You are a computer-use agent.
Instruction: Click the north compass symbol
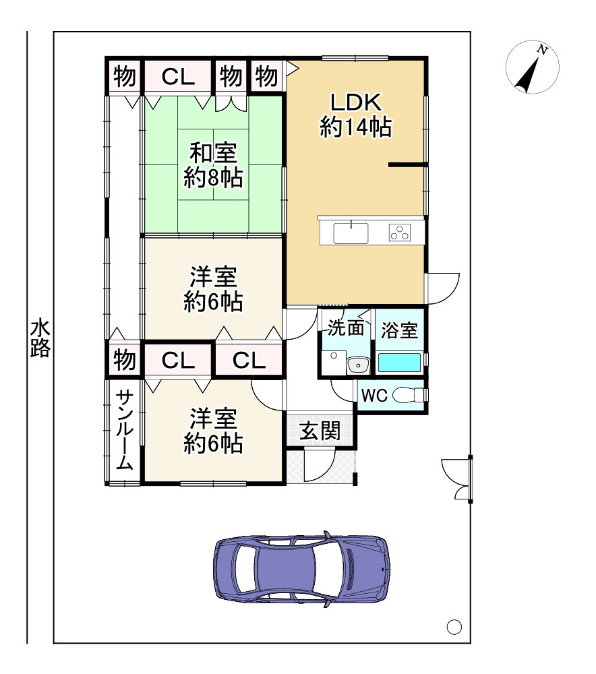533,67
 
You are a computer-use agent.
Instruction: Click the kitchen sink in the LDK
351,234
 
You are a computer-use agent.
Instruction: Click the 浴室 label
399,330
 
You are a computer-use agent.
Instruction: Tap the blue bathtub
399,363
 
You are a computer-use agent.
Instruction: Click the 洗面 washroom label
346,328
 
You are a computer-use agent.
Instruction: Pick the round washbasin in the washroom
357,365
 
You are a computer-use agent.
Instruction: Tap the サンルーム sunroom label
124,429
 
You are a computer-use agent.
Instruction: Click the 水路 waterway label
40,340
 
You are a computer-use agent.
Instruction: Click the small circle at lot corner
454,627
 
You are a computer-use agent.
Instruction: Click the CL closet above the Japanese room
178,77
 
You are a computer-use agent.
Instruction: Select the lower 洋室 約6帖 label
213,431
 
